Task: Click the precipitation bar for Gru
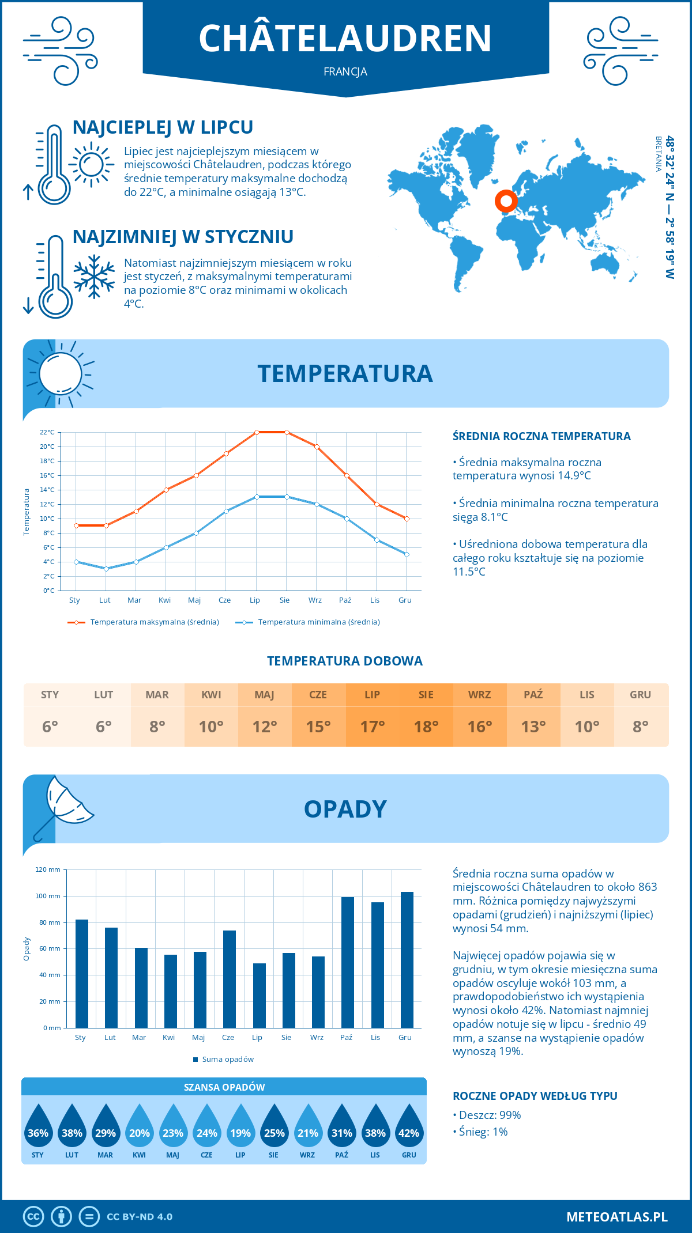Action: [407, 959]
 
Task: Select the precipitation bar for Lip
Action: [259, 995]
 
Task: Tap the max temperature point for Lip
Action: [257, 432]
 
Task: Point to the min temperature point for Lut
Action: [106, 569]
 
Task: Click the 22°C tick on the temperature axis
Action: [47, 432]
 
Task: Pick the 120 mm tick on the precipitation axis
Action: [48, 869]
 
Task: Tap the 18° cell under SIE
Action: [426, 727]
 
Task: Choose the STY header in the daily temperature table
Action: [50, 695]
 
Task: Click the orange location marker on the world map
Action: [506, 201]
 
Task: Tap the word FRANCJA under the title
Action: [345, 72]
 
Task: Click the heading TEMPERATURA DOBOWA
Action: [345, 661]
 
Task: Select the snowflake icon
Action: [94, 277]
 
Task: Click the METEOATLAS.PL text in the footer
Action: [616, 1217]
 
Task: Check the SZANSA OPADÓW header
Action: [224, 1087]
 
